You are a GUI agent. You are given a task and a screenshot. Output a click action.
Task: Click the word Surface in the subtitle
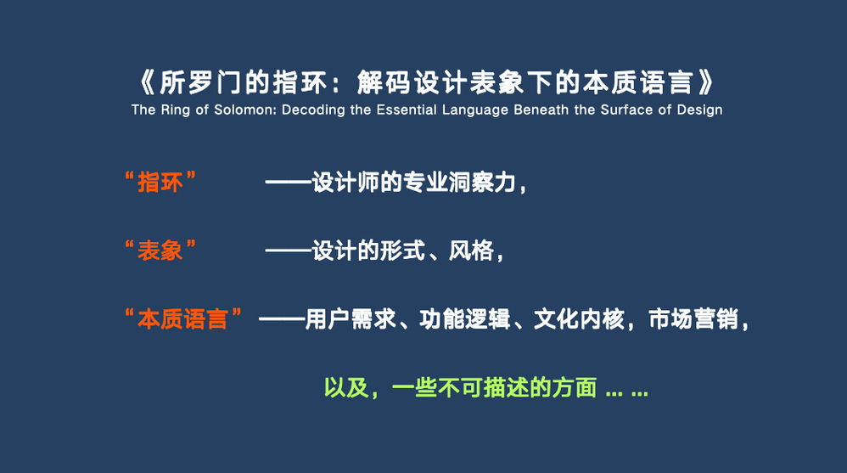click(626, 110)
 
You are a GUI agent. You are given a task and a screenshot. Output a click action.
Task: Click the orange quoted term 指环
click(160, 183)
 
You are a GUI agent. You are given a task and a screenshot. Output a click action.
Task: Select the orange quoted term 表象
click(160, 251)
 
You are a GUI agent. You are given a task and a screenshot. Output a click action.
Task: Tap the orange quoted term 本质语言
click(182, 319)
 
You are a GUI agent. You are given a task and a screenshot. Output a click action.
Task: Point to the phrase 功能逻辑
click(464, 319)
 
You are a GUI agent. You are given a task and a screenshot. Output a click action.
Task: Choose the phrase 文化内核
click(579, 319)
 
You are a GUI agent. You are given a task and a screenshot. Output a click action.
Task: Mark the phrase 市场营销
click(693, 319)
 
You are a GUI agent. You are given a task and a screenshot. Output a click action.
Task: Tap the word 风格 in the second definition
click(471, 251)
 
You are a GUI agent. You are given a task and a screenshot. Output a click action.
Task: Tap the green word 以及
click(346, 387)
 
